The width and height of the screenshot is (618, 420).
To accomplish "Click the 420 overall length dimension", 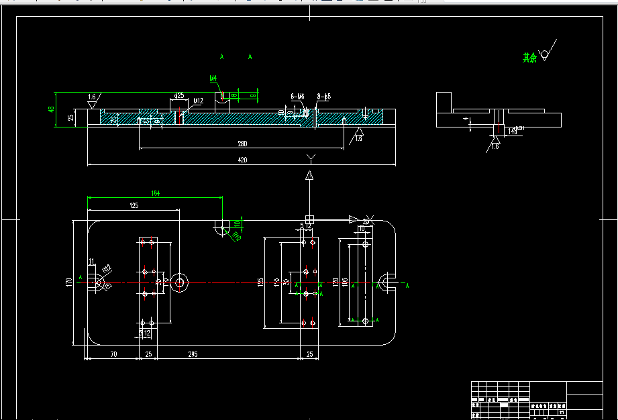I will (x=242, y=160).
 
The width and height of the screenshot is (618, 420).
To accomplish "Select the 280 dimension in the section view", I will (x=242, y=144).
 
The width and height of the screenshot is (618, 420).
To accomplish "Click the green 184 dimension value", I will (x=156, y=193).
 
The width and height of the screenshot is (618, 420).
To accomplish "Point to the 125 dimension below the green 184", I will (x=134, y=206).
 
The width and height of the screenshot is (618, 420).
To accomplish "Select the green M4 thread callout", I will (x=213, y=78).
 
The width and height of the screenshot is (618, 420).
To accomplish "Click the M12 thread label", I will (x=198, y=102).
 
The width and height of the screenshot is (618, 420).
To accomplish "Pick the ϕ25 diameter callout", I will (x=179, y=96).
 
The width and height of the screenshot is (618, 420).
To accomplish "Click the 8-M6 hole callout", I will (x=298, y=97).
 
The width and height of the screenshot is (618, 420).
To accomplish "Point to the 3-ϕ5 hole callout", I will (x=324, y=97).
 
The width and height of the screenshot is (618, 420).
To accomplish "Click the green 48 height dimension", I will (x=51, y=109).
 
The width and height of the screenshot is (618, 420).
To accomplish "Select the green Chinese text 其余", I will (x=530, y=58).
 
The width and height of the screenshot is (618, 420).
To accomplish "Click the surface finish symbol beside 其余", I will (x=546, y=54).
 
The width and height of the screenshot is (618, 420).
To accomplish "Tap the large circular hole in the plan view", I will (x=179, y=282).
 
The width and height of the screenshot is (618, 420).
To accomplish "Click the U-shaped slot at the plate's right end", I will (x=388, y=282).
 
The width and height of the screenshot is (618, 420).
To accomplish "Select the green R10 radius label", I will (x=236, y=236).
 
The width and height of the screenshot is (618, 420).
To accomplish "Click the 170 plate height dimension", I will (x=69, y=282).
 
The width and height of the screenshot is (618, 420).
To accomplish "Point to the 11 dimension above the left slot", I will (x=92, y=261).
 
